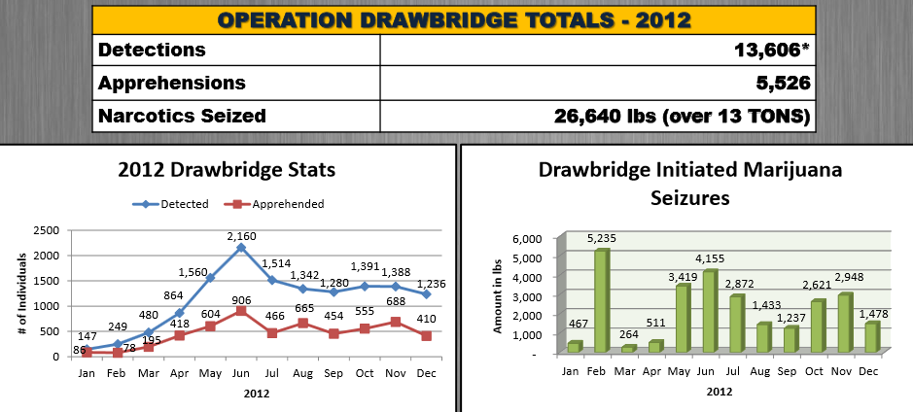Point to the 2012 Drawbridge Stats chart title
(227, 169)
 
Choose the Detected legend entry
(173, 204)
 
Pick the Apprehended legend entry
(276, 204)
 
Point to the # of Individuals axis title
(21, 292)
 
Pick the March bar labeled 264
(628, 348)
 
